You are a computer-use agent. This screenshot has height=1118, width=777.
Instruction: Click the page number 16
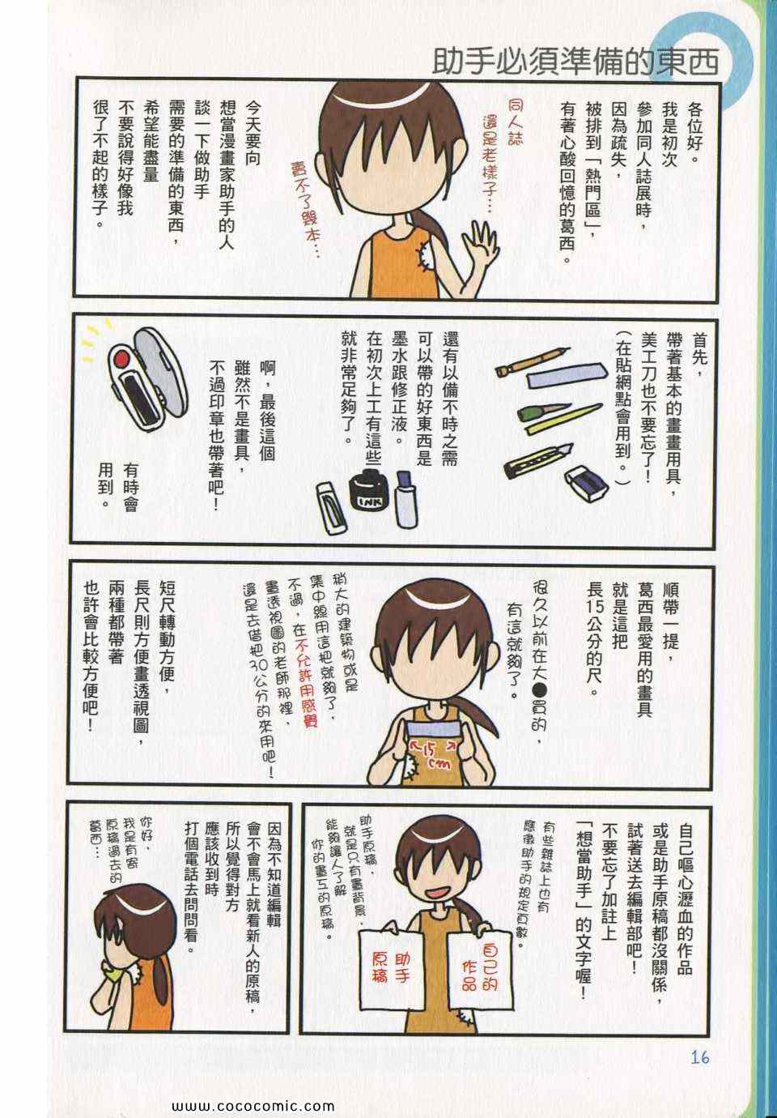pos(699,1057)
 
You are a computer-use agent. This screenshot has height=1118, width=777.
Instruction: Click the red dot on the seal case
pos(121,359)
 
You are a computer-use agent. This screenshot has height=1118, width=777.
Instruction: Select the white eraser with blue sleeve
pos(587,483)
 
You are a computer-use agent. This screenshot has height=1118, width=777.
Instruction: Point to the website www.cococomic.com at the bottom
pos(253,1106)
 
